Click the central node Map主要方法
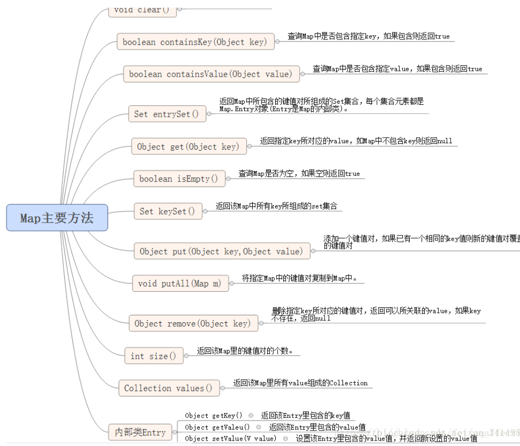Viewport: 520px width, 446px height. click(57, 218)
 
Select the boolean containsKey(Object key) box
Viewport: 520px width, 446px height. click(195, 42)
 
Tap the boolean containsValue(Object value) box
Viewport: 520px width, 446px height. click(211, 74)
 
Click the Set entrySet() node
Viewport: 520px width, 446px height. click(167, 114)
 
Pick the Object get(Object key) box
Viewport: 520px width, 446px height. click(188, 147)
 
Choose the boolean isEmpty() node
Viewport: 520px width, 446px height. click(178, 179)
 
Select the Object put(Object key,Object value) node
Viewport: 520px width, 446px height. click(221, 251)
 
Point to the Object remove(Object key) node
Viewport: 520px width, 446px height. click(193, 323)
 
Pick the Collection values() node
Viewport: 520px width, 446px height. click(169, 388)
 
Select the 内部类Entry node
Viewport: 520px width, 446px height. click(140, 432)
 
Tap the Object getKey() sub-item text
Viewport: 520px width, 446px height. click(213, 416)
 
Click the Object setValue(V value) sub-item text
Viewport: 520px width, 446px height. click(230, 439)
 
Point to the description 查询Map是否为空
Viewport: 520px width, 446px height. click(299, 174)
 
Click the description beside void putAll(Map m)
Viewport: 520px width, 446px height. click(300, 278)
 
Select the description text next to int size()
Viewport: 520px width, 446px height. click(245, 351)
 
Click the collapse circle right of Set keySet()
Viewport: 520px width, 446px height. click(205, 212)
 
